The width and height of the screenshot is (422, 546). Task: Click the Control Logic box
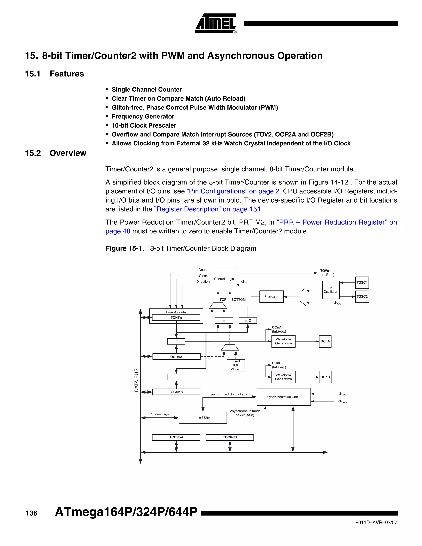point(224,279)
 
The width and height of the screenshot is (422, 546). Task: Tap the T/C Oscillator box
point(331,290)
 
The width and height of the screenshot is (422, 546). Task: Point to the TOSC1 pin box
point(362,282)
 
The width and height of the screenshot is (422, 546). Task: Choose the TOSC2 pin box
point(362,296)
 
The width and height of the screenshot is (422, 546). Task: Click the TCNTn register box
point(176,318)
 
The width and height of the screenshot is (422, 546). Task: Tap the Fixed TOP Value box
point(236,365)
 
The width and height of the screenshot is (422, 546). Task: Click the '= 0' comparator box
point(247,321)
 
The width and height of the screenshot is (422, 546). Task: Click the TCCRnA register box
point(176,437)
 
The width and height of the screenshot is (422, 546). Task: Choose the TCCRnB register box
point(230,437)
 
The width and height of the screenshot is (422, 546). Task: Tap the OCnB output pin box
point(325,377)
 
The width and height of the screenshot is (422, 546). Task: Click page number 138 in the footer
point(31,513)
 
